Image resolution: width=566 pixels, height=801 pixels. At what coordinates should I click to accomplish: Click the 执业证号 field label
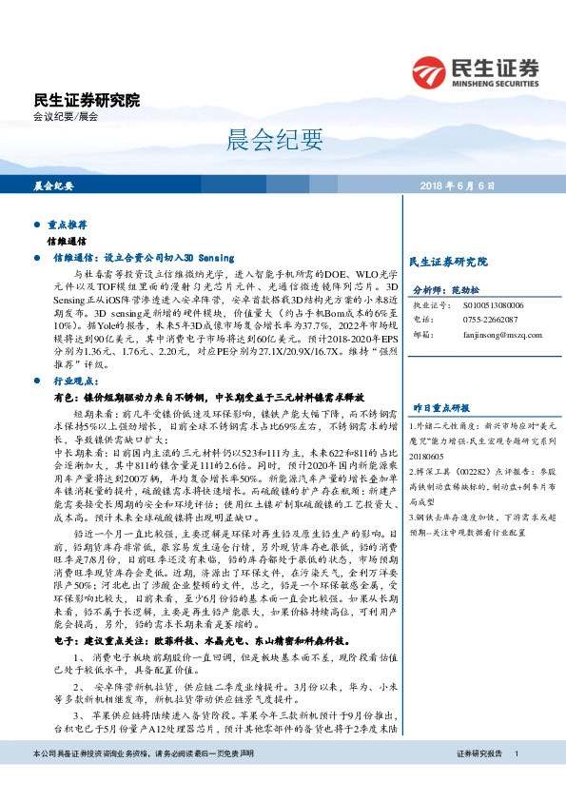(427, 306)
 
